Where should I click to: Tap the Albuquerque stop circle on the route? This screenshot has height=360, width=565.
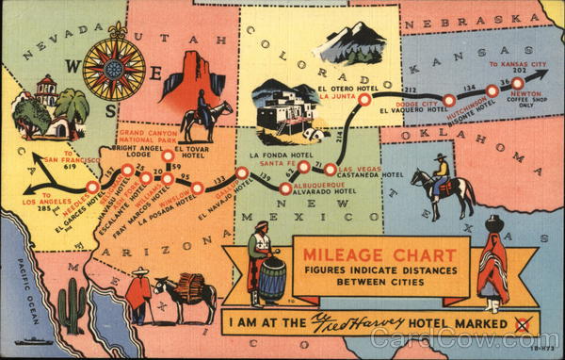285,188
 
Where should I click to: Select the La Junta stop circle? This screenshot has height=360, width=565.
364,98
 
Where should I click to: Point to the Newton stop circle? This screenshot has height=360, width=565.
517,83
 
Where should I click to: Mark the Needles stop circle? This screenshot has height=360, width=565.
93,187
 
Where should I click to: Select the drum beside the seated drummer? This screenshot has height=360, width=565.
272,278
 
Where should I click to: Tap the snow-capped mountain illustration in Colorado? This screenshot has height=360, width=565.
350,43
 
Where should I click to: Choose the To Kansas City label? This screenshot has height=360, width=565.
517,64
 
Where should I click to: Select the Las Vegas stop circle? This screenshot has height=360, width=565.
332,169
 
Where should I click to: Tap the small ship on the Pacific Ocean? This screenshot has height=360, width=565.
35,341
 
